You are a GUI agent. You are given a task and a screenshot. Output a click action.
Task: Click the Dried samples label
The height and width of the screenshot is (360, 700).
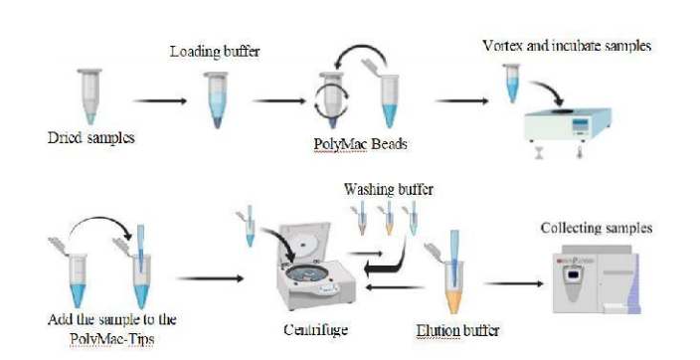tap(91, 137)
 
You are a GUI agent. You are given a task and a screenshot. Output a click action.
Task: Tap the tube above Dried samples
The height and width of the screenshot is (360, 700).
tap(89, 95)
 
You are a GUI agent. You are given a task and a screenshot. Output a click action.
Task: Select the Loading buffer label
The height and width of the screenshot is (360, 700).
tap(215, 52)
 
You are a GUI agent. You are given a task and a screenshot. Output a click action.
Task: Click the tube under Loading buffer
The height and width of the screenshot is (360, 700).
tap(217, 100)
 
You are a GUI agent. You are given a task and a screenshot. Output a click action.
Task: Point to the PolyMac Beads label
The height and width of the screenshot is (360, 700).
tap(360, 144)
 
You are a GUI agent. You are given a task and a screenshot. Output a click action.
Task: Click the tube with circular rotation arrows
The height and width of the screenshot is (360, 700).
tap(332, 100)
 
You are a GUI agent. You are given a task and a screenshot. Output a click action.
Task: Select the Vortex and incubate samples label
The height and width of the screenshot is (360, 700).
tap(567, 46)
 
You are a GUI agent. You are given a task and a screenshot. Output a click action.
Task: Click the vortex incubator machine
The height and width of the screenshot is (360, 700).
tap(568, 123)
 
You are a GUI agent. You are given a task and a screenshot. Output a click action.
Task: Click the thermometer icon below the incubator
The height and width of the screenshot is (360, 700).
tap(580, 151)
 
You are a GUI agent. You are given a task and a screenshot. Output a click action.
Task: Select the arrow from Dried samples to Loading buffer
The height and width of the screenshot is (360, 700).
tap(160, 101)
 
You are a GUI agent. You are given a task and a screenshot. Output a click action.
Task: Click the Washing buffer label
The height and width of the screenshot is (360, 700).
tap(389, 189)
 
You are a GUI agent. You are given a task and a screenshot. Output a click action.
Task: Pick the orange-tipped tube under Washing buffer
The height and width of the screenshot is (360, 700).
tap(388, 218)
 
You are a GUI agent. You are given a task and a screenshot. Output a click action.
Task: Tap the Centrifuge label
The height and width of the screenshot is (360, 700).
tap(315, 329)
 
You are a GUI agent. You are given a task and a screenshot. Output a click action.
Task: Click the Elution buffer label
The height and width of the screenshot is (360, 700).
tap(457, 330)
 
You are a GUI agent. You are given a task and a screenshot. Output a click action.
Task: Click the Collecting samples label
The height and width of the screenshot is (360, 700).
tap(597, 228)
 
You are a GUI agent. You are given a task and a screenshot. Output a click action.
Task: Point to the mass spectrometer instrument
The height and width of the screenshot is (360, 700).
tap(597, 279)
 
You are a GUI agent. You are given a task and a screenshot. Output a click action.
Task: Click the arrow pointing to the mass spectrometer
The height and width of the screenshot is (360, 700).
tap(514, 283)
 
